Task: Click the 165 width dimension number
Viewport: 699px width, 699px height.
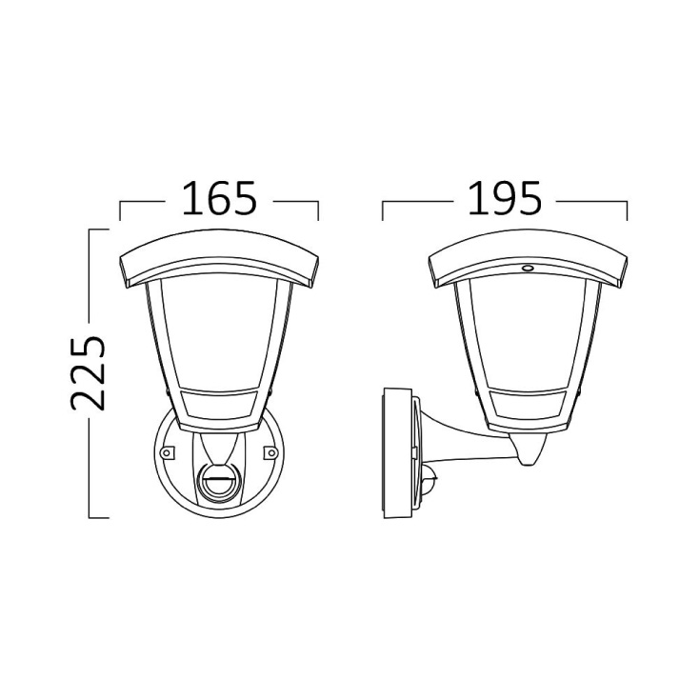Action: (x=219, y=198)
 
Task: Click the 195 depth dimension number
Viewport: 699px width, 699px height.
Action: (x=505, y=198)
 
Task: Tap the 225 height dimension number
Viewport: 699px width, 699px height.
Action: (x=89, y=372)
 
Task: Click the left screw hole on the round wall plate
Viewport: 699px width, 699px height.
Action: (x=167, y=453)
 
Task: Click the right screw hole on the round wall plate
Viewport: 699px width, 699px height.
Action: (x=270, y=453)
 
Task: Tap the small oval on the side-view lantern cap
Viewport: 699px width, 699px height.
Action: (x=528, y=268)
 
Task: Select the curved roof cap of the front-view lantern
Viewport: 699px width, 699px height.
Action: (x=219, y=258)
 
